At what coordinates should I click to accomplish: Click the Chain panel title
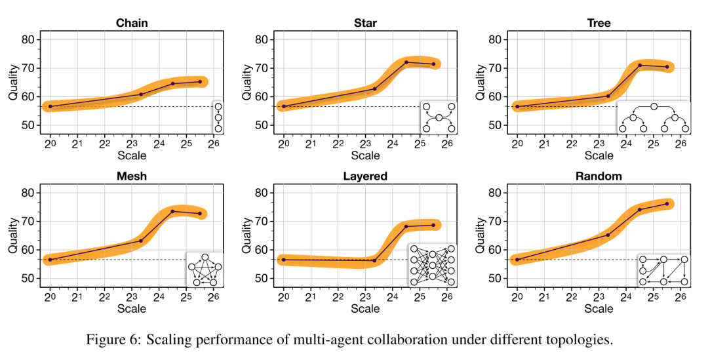coord(132,23)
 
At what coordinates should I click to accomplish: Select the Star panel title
coord(365,23)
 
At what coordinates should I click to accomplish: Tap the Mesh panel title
coord(132,176)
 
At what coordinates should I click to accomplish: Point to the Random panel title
coord(599,176)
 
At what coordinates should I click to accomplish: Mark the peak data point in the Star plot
coord(406,62)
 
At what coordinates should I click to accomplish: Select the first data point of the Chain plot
coord(50,106)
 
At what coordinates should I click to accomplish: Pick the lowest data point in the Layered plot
coord(374,261)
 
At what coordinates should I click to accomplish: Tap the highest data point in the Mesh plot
coord(172,211)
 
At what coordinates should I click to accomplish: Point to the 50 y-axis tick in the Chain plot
coord(29,125)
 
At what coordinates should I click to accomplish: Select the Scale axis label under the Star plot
coord(365,155)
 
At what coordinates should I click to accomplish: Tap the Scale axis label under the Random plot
coord(599,309)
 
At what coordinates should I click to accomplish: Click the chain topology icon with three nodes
coord(218,117)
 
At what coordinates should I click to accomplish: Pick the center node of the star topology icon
coord(439,117)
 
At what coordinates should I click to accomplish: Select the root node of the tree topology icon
coord(654,106)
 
